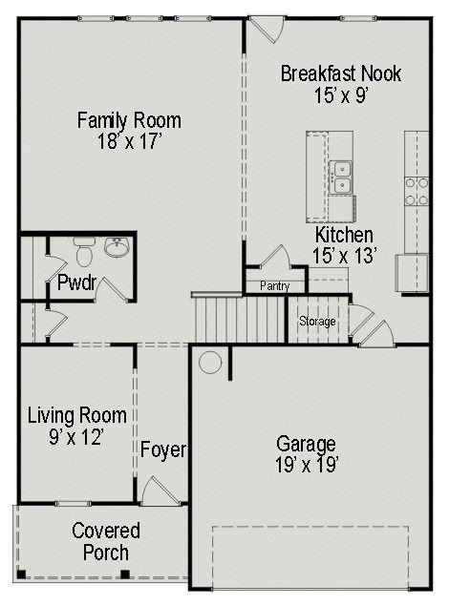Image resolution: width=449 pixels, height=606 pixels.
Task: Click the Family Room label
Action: [x=129, y=120]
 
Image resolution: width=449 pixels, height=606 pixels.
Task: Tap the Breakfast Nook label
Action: [x=341, y=73]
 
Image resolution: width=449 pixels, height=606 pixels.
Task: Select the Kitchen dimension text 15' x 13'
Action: [x=345, y=256]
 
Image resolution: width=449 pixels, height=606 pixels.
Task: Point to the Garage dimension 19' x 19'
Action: [x=307, y=465]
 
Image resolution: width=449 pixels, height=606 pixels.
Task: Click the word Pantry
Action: [x=274, y=286]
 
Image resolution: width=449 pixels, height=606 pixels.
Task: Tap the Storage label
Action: [x=317, y=322]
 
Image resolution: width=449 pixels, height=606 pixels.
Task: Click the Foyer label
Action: [x=162, y=450]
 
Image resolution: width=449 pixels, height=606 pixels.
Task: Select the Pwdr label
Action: [x=77, y=282]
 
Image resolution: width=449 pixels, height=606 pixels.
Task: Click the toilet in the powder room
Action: [x=84, y=252]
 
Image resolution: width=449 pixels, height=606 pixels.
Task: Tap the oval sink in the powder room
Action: [x=116, y=247]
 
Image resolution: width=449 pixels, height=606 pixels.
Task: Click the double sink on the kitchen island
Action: [x=340, y=177]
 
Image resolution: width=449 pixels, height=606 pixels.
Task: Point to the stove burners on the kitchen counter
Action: [x=417, y=191]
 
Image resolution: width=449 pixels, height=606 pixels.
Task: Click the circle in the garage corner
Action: [x=210, y=362]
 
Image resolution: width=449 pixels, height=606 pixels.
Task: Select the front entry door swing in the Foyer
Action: [x=160, y=491]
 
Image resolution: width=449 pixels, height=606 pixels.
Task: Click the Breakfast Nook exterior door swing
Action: [x=267, y=30]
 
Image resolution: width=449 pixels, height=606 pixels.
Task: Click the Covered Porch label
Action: [x=106, y=541]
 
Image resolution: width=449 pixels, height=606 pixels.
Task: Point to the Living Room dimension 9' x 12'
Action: [x=76, y=437]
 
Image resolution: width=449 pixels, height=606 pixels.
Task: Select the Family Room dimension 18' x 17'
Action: [x=129, y=141]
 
